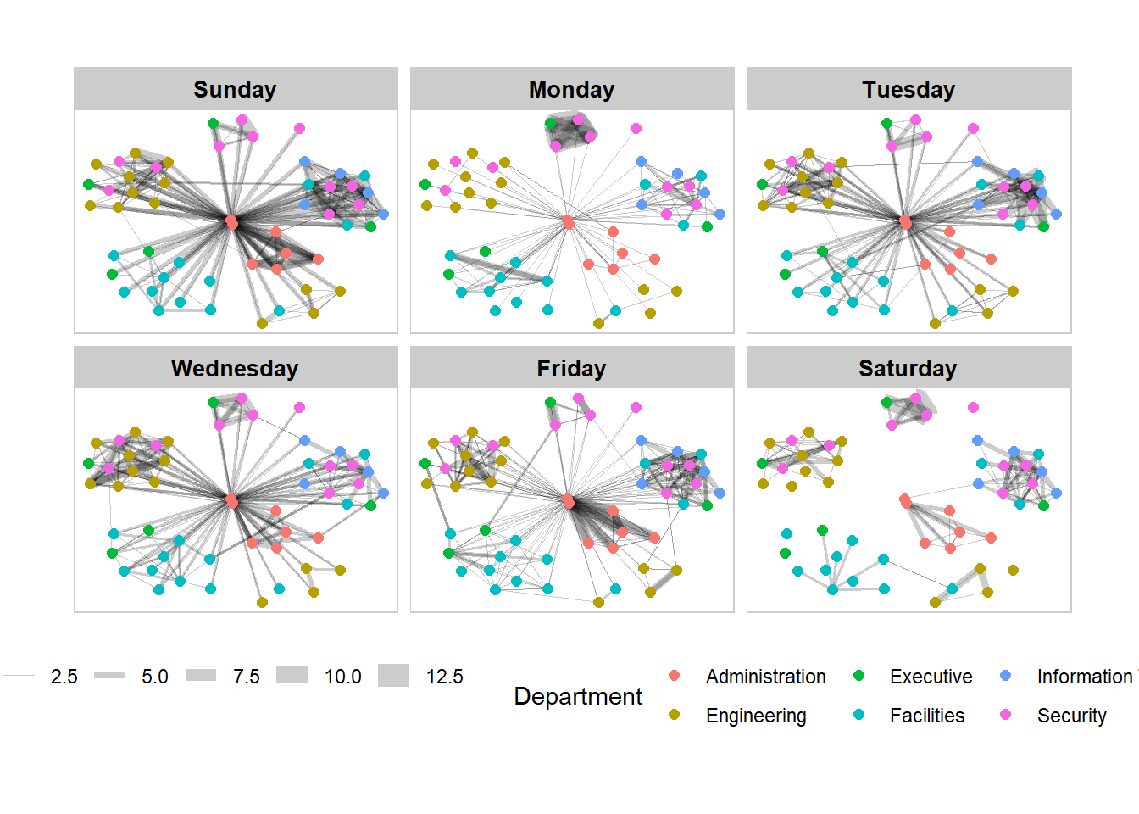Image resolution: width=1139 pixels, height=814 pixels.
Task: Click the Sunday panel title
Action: click(x=235, y=90)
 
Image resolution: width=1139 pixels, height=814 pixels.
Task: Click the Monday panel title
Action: click(x=571, y=90)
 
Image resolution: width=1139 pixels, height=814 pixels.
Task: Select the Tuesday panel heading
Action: click(x=908, y=90)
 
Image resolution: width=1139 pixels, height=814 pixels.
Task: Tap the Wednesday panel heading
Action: click(x=235, y=369)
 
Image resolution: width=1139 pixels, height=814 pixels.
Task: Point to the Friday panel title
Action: click(x=571, y=369)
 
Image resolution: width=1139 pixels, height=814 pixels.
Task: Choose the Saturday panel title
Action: click(x=908, y=369)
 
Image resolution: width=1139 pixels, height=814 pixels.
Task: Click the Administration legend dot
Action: click(x=675, y=676)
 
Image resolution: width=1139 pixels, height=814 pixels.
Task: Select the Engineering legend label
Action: click(x=756, y=716)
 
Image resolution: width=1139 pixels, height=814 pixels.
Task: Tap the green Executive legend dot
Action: click(x=858, y=676)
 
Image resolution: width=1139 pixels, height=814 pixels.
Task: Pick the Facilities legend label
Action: click(x=927, y=716)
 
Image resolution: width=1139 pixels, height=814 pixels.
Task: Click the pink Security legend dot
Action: click(x=1006, y=715)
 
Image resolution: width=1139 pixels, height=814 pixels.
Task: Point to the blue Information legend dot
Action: click(x=1006, y=676)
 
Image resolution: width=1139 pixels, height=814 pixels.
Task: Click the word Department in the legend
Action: click(x=578, y=696)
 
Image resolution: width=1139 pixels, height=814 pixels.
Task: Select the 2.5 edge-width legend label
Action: click(x=64, y=677)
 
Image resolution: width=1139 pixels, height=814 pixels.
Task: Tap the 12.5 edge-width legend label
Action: click(x=445, y=677)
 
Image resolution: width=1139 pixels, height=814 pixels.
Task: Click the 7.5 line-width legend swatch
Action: click(x=201, y=676)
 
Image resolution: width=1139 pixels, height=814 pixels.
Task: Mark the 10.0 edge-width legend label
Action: click(x=343, y=677)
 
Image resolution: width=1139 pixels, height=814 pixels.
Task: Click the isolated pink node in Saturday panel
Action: click(x=973, y=408)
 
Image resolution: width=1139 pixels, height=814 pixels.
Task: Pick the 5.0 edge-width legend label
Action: click(x=155, y=677)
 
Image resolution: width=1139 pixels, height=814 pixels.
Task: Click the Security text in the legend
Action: click(x=1072, y=716)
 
